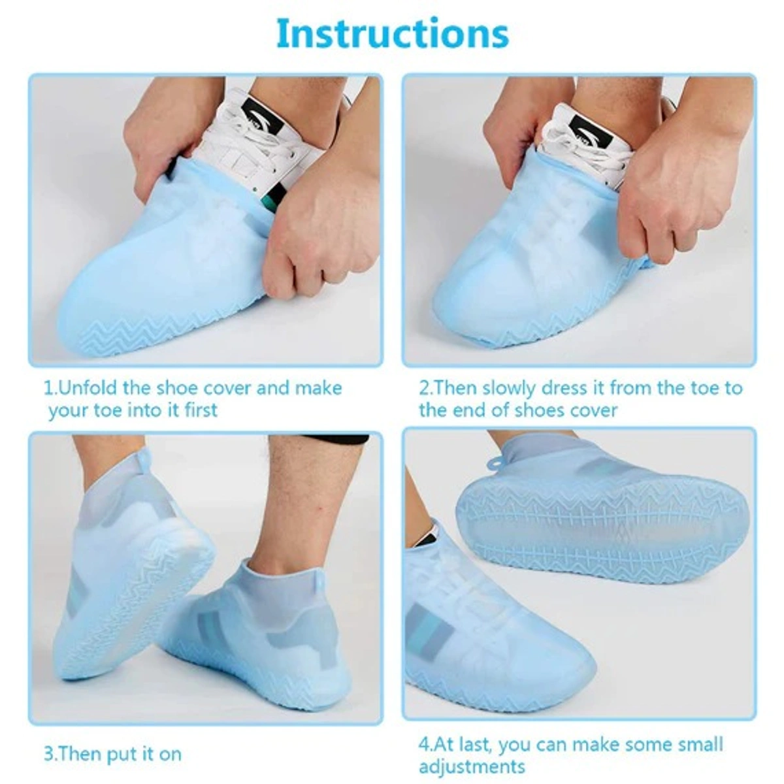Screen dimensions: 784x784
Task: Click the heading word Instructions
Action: (392, 34)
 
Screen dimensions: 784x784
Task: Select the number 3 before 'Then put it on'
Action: (48, 754)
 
